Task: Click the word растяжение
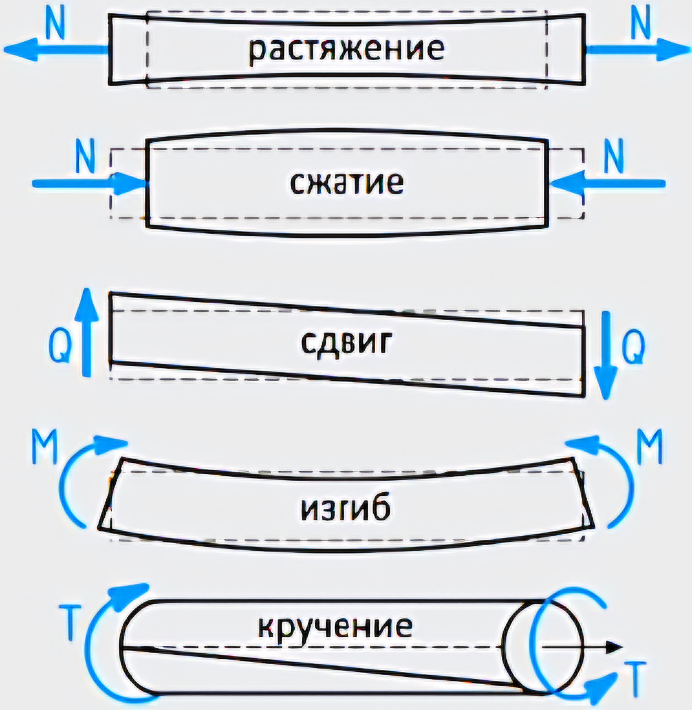[x=345, y=49]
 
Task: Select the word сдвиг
[x=347, y=343]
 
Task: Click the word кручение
[x=335, y=626]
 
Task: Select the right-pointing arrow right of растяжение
[x=634, y=49]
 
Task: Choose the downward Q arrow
[x=606, y=355]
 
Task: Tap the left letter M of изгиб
[x=44, y=448]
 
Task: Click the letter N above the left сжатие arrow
[x=85, y=157]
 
